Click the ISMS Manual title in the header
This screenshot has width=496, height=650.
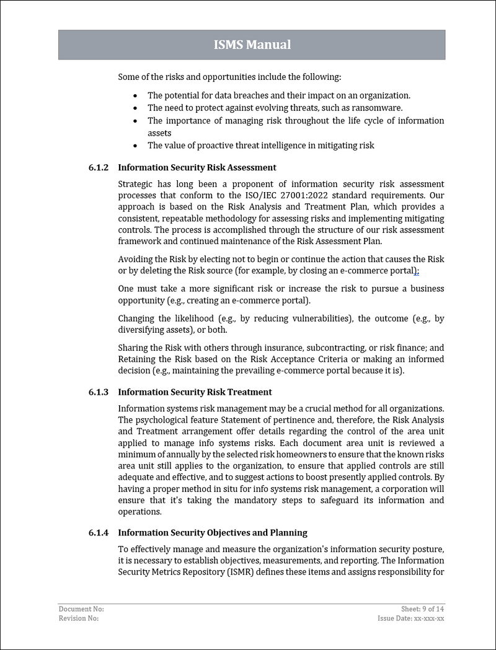click(252, 45)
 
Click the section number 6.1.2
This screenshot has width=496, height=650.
click(98, 167)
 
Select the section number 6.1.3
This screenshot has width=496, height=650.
click(98, 392)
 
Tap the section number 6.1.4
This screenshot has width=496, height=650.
click(98, 533)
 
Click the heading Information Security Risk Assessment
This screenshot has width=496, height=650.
click(197, 167)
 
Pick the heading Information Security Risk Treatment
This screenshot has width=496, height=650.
click(195, 392)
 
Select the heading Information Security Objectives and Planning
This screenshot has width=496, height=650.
click(212, 533)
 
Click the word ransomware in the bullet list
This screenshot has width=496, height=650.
click(379, 108)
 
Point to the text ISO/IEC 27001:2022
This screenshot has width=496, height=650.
click(283, 195)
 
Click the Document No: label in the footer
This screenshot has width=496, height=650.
click(81, 609)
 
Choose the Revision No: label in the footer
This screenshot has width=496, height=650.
click(79, 618)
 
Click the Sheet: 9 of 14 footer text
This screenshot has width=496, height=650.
click(422, 609)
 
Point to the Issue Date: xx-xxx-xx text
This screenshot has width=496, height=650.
click(410, 618)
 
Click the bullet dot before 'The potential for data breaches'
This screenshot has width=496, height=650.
click(136, 96)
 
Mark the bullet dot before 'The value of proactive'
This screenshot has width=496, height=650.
click(136, 146)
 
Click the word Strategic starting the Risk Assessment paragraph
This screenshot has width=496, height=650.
click(136, 184)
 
